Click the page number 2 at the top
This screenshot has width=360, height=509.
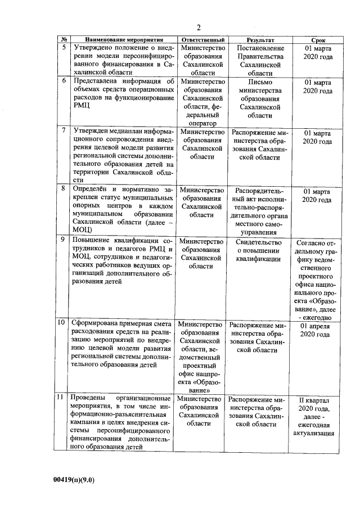coord(199,28)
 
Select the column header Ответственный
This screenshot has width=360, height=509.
coord(202,40)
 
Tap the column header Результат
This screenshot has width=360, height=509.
coord(259,40)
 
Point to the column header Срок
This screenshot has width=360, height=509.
coord(318,40)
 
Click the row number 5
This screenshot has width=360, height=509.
coord(64,48)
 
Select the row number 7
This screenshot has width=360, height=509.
coord(64,130)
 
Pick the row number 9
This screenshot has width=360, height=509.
coord(64,240)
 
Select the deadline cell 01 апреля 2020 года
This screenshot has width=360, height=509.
coord(318,330)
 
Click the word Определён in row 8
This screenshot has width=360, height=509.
coord(89,190)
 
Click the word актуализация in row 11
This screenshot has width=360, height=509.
coord(318,433)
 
